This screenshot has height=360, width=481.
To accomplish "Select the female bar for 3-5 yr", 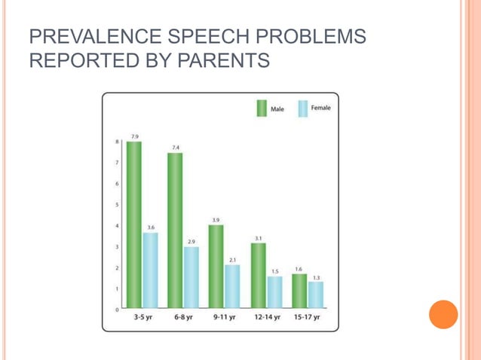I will click(x=151, y=270).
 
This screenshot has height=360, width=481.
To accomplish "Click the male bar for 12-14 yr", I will click(x=258, y=275).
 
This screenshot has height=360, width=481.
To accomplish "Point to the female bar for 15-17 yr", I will click(x=315, y=294).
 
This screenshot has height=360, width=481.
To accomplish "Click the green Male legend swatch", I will click(x=262, y=108).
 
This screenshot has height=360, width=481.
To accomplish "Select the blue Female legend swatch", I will click(x=303, y=108).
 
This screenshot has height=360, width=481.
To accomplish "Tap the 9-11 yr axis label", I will click(x=224, y=318).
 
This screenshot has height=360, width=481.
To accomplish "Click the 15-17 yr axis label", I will click(x=307, y=318).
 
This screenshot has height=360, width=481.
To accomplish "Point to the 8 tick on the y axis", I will click(x=117, y=142).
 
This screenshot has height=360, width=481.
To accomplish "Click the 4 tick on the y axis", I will click(x=117, y=226).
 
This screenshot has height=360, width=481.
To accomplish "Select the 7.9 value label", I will click(x=134, y=136).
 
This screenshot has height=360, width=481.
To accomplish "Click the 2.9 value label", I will click(x=191, y=242).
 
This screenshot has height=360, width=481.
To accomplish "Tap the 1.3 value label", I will click(x=316, y=277).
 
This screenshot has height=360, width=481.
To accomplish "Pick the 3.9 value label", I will click(x=216, y=220).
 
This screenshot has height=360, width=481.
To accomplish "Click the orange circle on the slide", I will click(x=443, y=314).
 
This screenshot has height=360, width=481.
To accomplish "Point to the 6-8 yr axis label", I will click(x=182, y=318).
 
